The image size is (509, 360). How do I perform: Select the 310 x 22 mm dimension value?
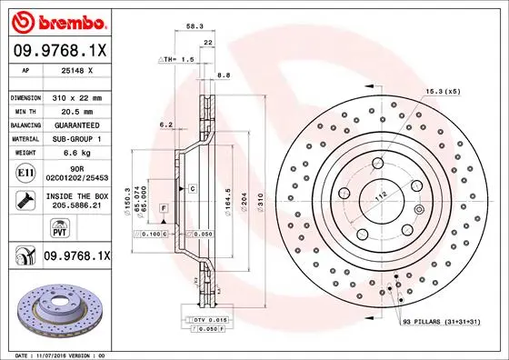[76, 97]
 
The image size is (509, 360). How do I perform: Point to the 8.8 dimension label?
[223, 75]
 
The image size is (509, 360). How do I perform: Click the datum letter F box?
[163, 209]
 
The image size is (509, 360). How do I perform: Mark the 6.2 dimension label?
[165, 125]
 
